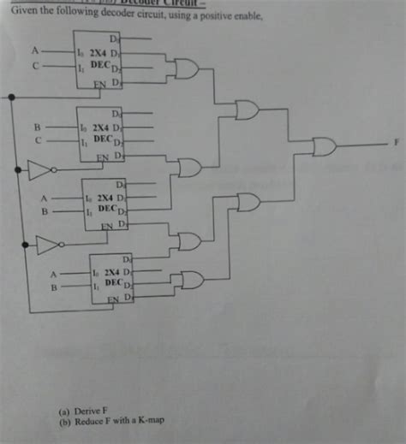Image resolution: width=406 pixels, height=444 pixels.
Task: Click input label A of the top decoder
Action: pyautogui.click(x=35, y=50)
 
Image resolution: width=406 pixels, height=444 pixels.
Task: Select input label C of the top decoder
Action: pyautogui.click(x=35, y=64)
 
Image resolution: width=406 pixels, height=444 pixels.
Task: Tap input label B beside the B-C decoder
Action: pyautogui.click(x=37, y=127)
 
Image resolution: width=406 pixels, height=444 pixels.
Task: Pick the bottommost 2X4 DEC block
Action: pyautogui.click(x=112, y=277)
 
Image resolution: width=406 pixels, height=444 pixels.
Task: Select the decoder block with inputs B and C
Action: pyautogui.click(x=101, y=134)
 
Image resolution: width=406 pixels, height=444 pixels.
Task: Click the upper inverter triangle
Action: pyautogui.click(x=38, y=172)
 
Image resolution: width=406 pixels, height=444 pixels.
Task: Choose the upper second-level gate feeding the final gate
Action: pyautogui.click(x=248, y=110)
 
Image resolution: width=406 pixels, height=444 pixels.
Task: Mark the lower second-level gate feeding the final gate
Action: pyautogui.click(x=248, y=202)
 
